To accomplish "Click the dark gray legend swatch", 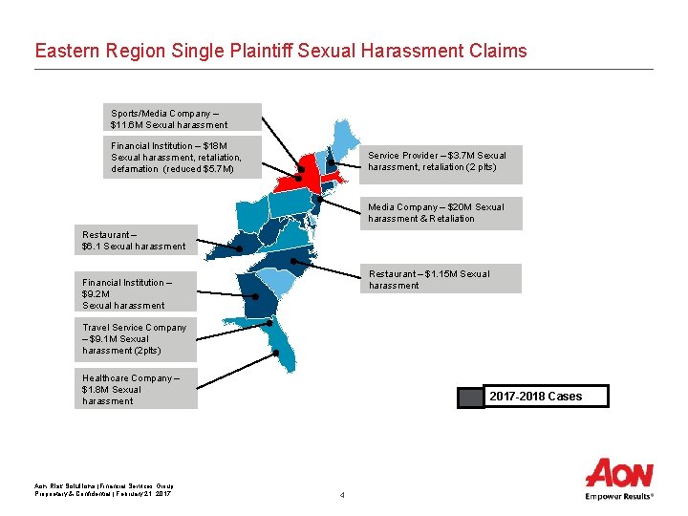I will click(470, 398).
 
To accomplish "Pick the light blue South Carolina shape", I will click(276, 280).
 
